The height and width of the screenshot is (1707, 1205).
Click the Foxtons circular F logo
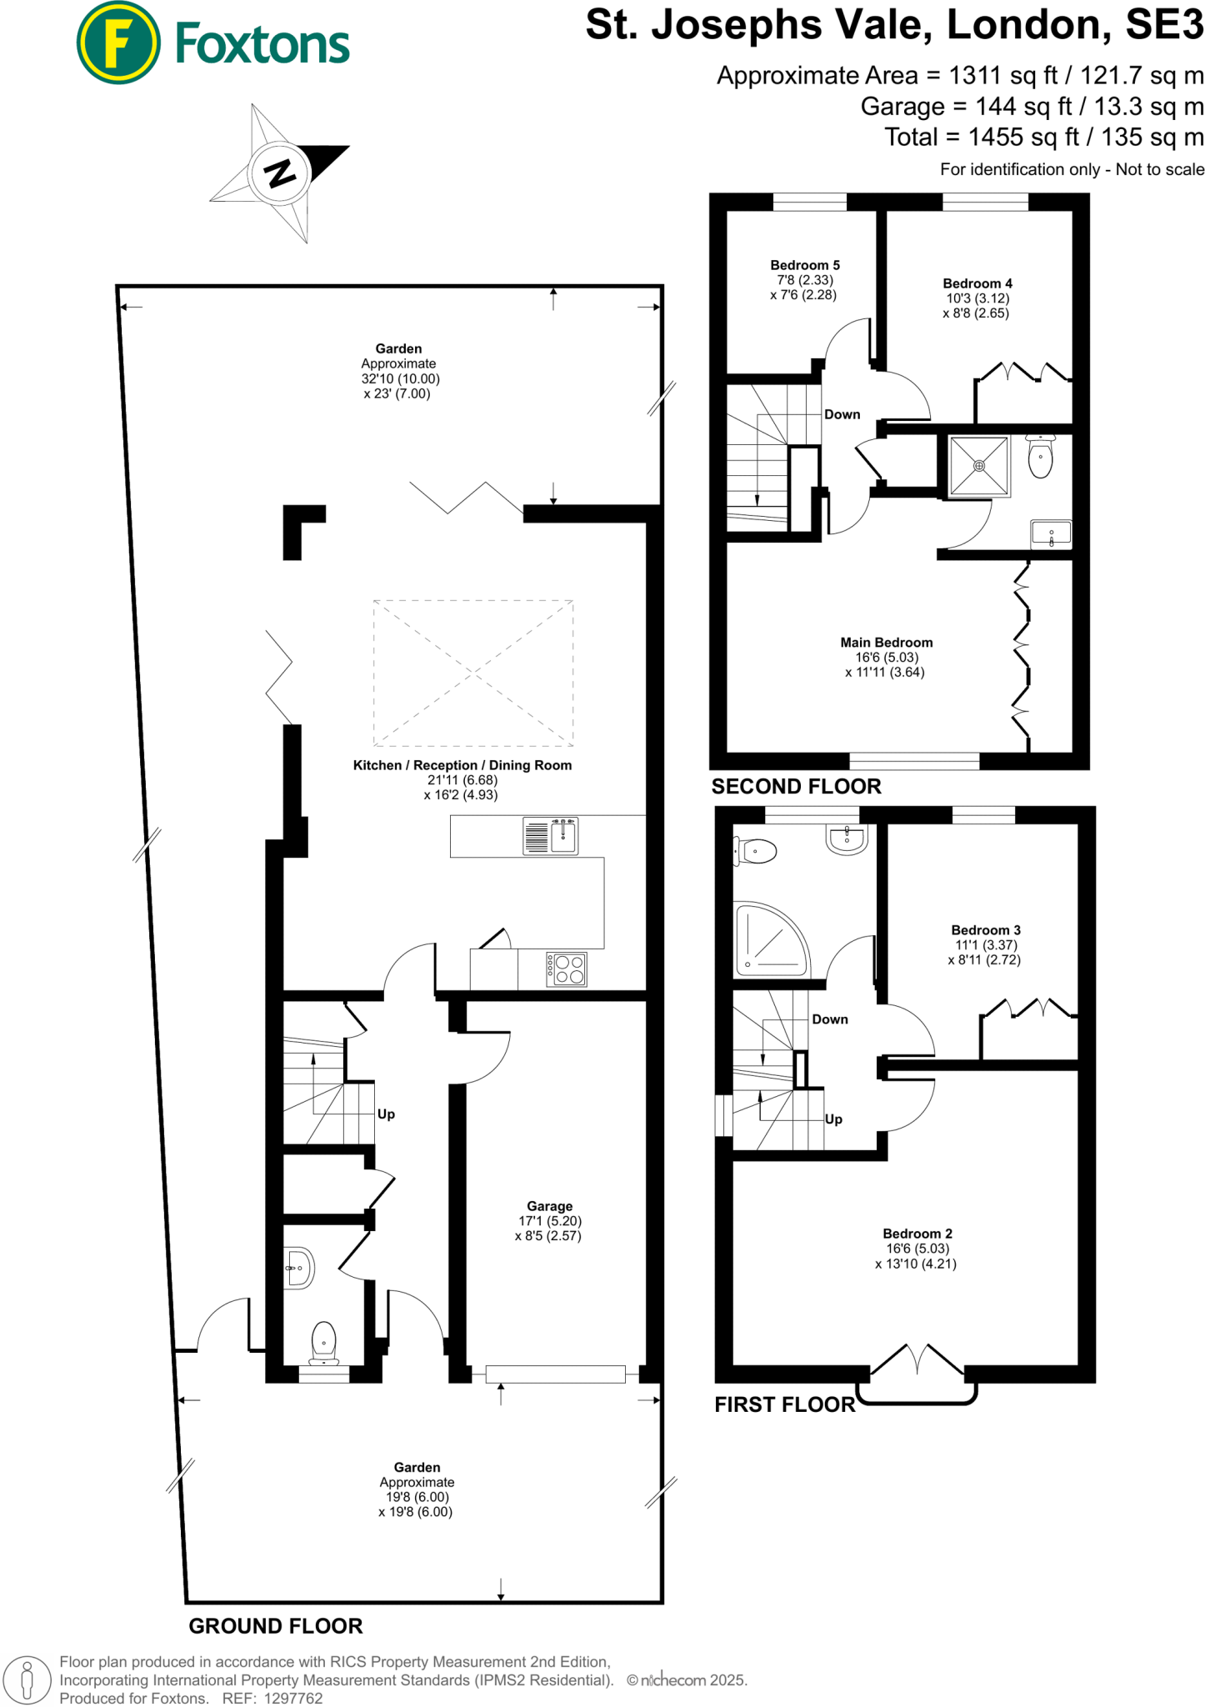[x=117, y=43]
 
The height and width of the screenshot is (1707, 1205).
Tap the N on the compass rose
[x=280, y=173]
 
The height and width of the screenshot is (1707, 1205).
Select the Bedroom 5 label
[x=804, y=265]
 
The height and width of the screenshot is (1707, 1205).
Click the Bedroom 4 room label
[x=977, y=283]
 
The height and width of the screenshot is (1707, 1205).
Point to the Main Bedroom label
[x=886, y=643]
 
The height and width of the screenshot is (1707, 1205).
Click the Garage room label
[x=549, y=1206]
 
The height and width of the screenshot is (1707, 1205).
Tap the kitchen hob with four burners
[x=567, y=969]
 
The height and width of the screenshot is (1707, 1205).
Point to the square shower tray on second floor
[x=978, y=466]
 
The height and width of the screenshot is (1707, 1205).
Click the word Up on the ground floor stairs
[x=386, y=1114]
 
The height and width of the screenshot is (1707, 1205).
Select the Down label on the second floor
[x=842, y=414]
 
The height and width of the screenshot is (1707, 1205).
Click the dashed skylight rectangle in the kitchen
[x=472, y=673]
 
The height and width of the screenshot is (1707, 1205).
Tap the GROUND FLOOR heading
[x=275, y=1626]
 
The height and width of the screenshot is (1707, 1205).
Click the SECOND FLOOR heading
[x=796, y=787]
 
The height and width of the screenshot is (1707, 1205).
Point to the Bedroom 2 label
[x=917, y=1234]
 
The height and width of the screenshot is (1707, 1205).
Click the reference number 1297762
[x=292, y=1698]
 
